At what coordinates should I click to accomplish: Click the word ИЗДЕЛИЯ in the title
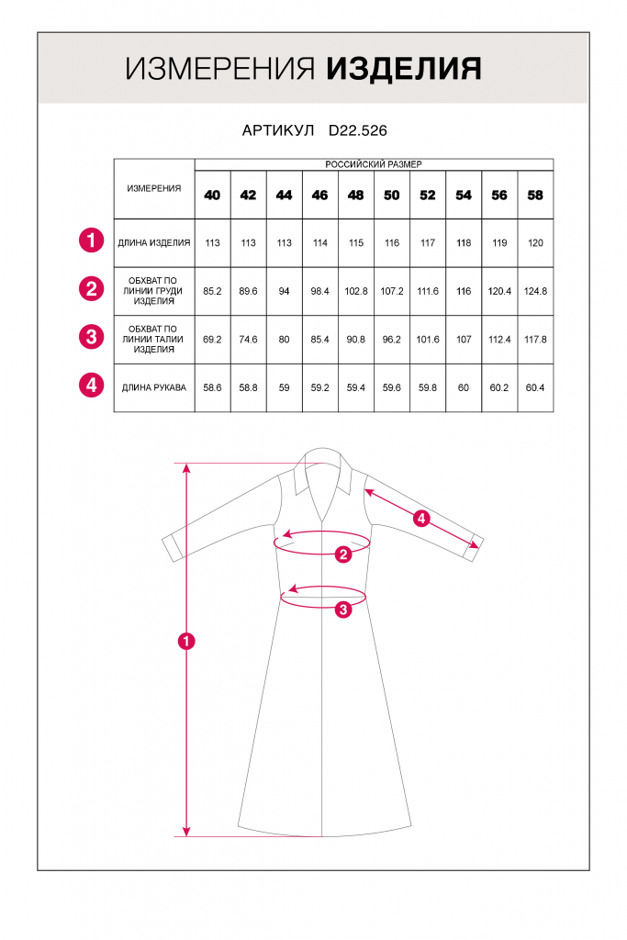pyautogui.click(x=404, y=69)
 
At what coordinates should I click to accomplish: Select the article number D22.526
pyautogui.click(x=357, y=131)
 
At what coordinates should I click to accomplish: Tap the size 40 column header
pyautogui.click(x=212, y=196)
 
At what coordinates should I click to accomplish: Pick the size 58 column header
pyautogui.click(x=535, y=196)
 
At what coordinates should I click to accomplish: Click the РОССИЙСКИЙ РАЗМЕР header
pyautogui.click(x=374, y=164)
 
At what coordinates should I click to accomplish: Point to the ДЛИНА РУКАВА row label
pyautogui.click(x=153, y=387)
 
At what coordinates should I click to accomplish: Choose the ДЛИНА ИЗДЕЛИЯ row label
pyautogui.click(x=153, y=243)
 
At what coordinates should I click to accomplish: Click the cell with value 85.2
pyautogui.click(x=212, y=291)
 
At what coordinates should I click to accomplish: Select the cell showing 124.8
pyautogui.click(x=535, y=291)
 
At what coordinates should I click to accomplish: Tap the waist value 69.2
pyautogui.click(x=212, y=340)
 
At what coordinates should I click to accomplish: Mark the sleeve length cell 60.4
pyautogui.click(x=535, y=387)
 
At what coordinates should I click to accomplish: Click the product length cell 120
pyautogui.click(x=535, y=243)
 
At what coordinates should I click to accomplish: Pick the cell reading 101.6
pyautogui.click(x=428, y=340)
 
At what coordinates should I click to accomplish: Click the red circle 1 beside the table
pyautogui.click(x=91, y=242)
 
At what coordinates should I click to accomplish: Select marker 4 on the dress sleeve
pyautogui.click(x=421, y=519)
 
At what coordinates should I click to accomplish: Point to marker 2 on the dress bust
pyautogui.click(x=343, y=554)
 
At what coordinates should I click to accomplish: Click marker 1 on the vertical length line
pyautogui.click(x=187, y=641)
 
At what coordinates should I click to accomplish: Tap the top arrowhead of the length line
pyautogui.click(x=187, y=467)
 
